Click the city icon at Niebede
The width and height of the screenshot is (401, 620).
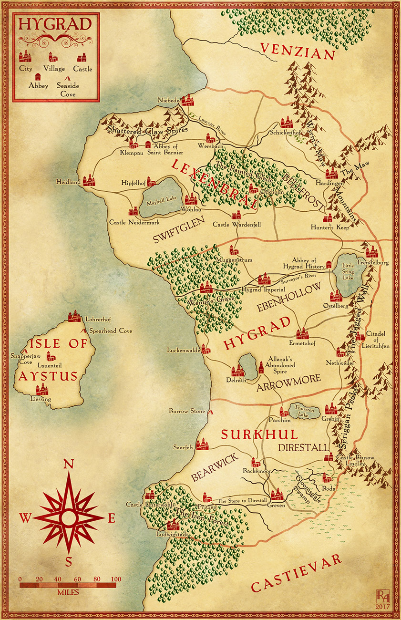click(x=187, y=100)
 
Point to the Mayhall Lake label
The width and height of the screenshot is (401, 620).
click(x=162, y=202)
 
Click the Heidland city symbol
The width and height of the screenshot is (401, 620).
click(x=89, y=180)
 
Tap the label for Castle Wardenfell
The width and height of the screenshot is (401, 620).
click(x=236, y=224)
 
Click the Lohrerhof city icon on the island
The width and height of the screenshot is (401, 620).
click(x=74, y=316)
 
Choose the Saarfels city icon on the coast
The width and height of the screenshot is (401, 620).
click(x=202, y=444)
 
